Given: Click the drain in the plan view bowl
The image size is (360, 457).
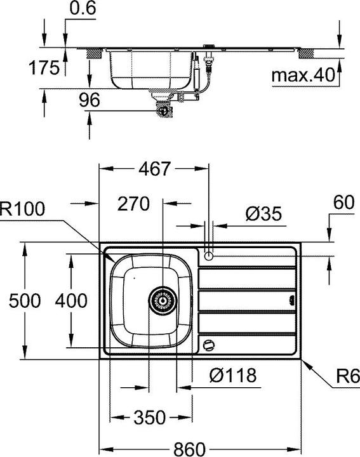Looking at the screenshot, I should point(162,299).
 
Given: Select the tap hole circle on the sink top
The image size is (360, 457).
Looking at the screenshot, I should point(210,256).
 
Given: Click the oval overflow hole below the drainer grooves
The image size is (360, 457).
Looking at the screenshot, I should point(208,345).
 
